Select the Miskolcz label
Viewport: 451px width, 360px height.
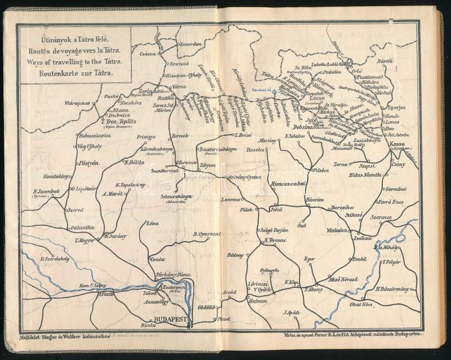341,232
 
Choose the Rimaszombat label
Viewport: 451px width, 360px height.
288,183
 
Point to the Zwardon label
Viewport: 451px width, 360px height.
191,44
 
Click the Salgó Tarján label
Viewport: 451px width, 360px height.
275,230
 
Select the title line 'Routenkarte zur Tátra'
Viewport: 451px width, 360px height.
73,73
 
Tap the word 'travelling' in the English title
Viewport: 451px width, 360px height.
76,61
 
